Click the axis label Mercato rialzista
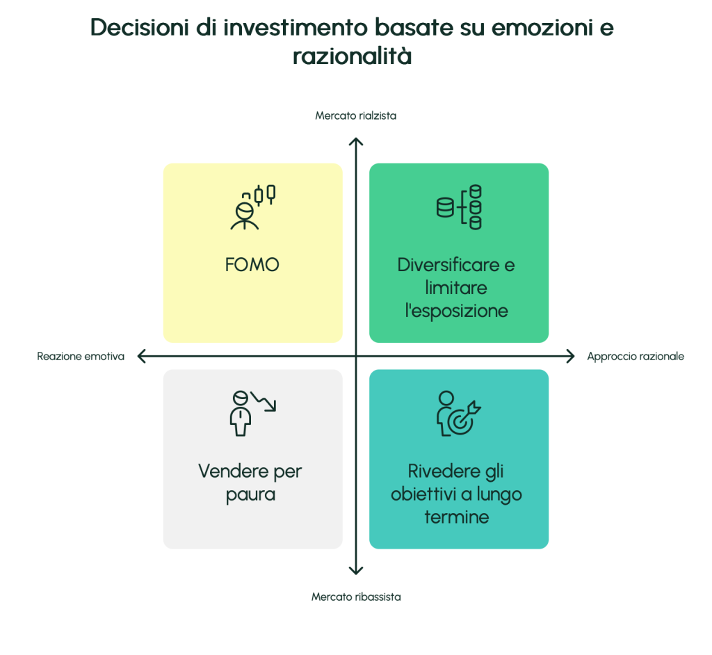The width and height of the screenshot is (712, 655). tap(355, 115)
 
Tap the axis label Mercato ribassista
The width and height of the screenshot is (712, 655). tap(355, 597)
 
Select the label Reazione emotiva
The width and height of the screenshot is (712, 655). tap(81, 356)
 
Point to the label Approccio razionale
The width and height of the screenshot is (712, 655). tap(636, 356)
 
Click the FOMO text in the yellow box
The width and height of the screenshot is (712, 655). tap(252, 265)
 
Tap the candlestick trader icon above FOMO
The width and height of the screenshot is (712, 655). tap(252, 207)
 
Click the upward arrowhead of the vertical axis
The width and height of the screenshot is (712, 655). tap(356, 141)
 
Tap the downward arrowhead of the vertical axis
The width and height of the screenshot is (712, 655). tap(356, 571)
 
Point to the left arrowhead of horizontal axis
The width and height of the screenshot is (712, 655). tap(141, 357)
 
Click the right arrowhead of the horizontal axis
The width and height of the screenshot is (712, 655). tap(571, 357)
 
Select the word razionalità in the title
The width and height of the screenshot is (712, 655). tap(352, 56)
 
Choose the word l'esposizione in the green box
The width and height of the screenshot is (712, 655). tap(456, 310)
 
